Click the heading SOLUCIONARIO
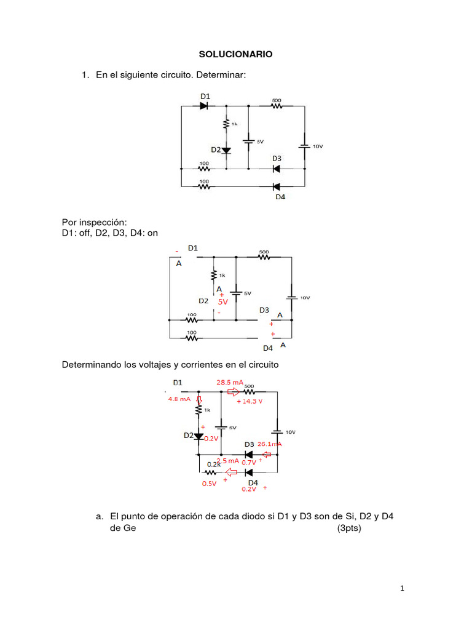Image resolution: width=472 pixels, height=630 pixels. pyautogui.click(x=235, y=54)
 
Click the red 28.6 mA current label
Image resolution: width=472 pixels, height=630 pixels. pyautogui.click(x=230, y=382)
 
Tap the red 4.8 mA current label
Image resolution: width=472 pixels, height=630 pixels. pyautogui.click(x=180, y=398)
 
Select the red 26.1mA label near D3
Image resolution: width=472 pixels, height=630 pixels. pyautogui.click(x=269, y=444)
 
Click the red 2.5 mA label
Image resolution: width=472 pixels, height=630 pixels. pyautogui.click(x=227, y=460)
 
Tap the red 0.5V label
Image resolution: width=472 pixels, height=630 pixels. pyautogui.click(x=209, y=484)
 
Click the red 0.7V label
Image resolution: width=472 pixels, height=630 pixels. pyautogui.click(x=249, y=462)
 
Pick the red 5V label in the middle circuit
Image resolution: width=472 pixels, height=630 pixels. pyautogui.click(x=222, y=302)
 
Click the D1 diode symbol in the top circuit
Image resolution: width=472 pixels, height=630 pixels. pyautogui.click(x=205, y=106)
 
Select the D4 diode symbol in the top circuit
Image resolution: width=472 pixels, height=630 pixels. pyautogui.click(x=276, y=186)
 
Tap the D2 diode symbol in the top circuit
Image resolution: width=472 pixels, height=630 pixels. pyautogui.click(x=226, y=150)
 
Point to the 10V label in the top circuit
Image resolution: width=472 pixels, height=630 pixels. pyautogui.click(x=318, y=146)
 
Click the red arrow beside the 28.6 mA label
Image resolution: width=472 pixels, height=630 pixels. pyautogui.click(x=234, y=391)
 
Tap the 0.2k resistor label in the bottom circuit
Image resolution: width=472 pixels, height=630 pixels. pyautogui.click(x=213, y=464)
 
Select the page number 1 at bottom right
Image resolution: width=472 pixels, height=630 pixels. pyautogui.click(x=403, y=589)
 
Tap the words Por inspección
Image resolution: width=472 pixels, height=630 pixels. pyautogui.click(x=93, y=221)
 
